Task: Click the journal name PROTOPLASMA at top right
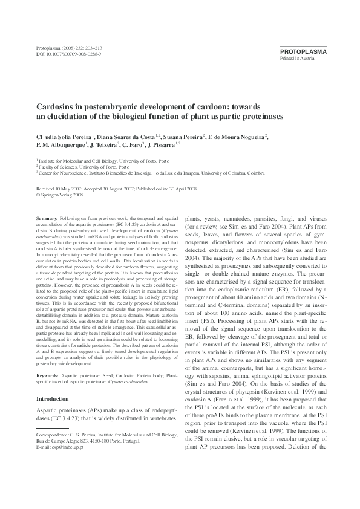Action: (x=303, y=52)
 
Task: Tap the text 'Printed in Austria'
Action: (x=295, y=59)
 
